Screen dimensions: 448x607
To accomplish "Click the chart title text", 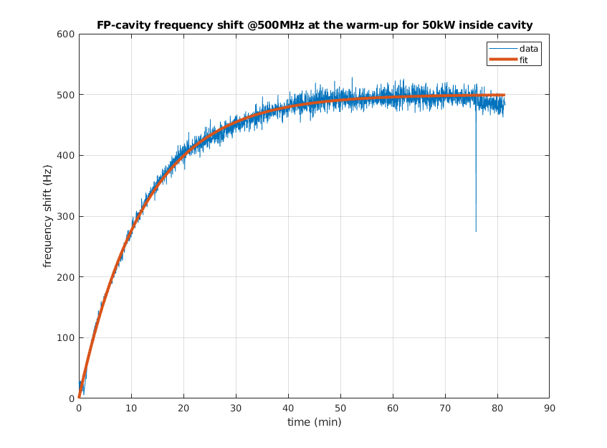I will [x=314, y=25].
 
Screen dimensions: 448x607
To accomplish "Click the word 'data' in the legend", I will [x=529, y=49].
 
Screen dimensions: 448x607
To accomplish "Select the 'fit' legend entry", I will [x=524, y=60].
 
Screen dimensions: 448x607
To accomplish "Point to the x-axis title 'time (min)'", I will [x=314, y=422].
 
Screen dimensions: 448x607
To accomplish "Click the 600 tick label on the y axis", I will [x=66, y=34].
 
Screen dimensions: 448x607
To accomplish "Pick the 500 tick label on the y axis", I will [x=66, y=95].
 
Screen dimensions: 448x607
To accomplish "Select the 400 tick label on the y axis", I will [x=66, y=156].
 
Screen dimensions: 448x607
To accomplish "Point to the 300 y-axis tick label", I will [x=66, y=216].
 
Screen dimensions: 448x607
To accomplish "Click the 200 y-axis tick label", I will [x=66, y=277].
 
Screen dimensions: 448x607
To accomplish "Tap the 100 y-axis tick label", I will [x=66, y=338].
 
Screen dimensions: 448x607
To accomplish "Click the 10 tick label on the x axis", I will [x=131, y=408].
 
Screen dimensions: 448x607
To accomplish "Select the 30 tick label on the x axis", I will [x=236, y=408].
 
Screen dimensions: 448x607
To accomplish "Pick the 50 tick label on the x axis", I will [x=340, y=408].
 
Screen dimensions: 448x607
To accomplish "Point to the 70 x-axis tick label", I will [x=445, y=408].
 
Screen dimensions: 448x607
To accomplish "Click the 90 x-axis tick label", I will [x=549, y=408].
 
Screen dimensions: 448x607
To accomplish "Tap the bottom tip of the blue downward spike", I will [x=476, y=231].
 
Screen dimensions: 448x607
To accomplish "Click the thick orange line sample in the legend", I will [x=502, y=60].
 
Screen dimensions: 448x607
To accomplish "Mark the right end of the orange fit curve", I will [x=505, y=95].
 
